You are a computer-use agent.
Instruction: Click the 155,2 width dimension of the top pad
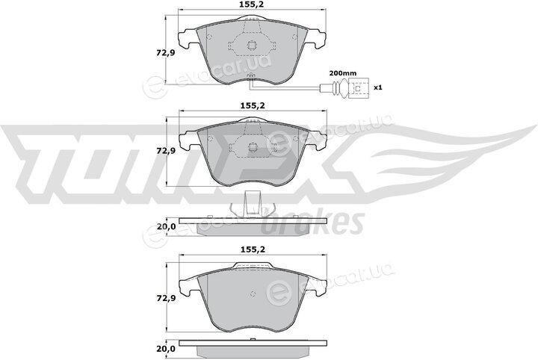tap(253, 4)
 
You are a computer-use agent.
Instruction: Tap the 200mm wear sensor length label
tap(343, 73)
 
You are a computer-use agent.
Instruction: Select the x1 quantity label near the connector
tap(377, 87)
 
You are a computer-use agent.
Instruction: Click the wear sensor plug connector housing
tap(358, 88)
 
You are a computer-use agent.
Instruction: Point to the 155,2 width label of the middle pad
tap(253, 106)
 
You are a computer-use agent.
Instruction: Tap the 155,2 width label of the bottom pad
tap(253, 249)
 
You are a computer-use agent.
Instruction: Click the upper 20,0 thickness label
tap(166, 226)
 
